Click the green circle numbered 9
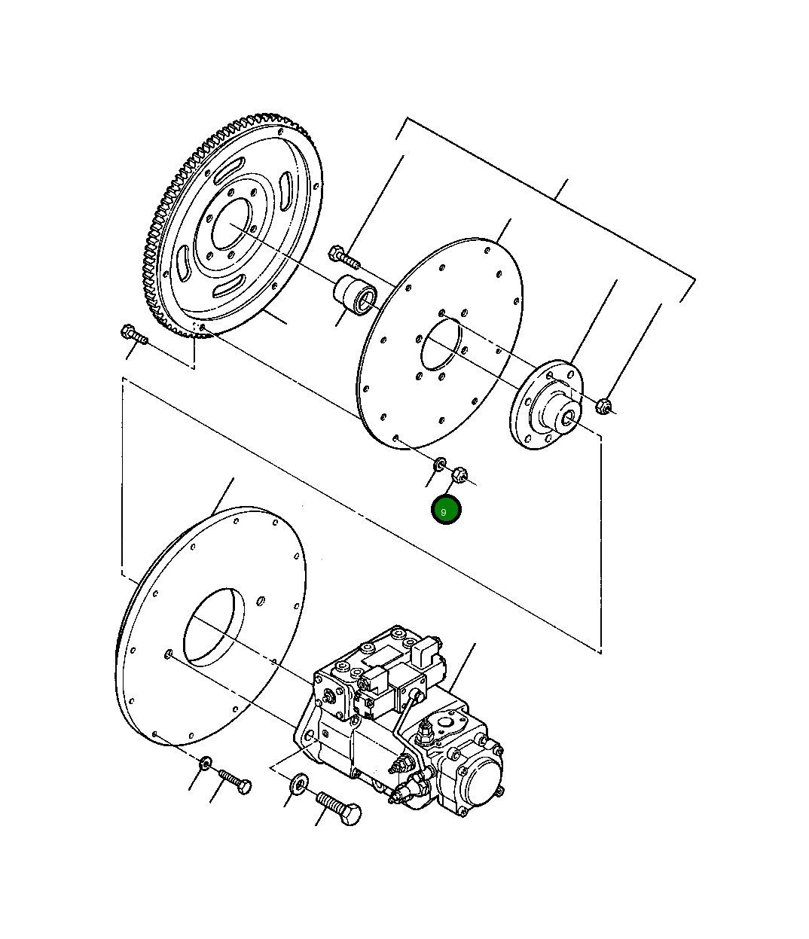(x=446, y=511)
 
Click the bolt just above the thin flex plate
(x=344, y=258)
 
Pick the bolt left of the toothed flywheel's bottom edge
(x=134, y=334)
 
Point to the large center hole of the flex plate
(x=441, y=344)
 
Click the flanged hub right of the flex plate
(x=546, y=405)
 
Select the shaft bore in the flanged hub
(x=567, y=418)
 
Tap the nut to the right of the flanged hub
(x=603, y=406)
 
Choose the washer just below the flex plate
(x=439, y=465)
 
